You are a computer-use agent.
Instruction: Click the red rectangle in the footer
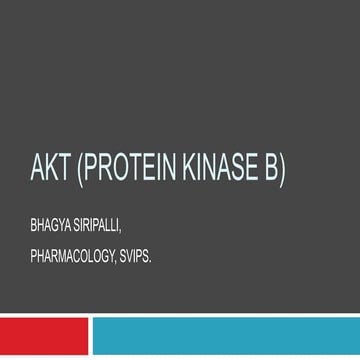click(x=44, y=338)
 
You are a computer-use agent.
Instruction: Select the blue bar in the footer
click(x=226, y=338)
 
